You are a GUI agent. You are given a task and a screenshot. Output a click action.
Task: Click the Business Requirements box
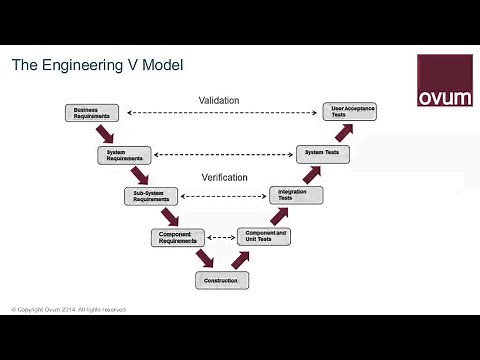pyautogui.click(x=93, y=113)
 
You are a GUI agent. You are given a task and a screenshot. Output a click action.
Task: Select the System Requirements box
pyautogui.click(x=124, y=155)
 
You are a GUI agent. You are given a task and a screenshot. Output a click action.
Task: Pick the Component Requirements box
pyautogui.click(x=178, y=237)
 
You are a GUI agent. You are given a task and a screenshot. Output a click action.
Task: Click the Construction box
pyautogui.click(x=221, y=280)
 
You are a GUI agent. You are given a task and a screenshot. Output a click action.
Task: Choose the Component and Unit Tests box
pyautogui.click(x=264, y=237)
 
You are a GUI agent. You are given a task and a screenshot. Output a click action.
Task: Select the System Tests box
pyautogui.click(x=323, y=153)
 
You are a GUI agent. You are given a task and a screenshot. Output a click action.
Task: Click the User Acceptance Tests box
pyautogui.click(x=350, y=111)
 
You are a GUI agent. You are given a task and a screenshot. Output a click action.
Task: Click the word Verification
pyautogui.click(x=224, y=177)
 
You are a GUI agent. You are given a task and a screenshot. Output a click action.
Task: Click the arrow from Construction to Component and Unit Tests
pyautogui.click(x=240, y=259)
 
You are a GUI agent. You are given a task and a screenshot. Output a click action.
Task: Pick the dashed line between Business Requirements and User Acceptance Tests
pyautogui.click(x=222, y=113)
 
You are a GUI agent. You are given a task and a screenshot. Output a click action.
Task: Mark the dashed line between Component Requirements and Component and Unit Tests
pyautogui.click(x=221, y=238)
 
